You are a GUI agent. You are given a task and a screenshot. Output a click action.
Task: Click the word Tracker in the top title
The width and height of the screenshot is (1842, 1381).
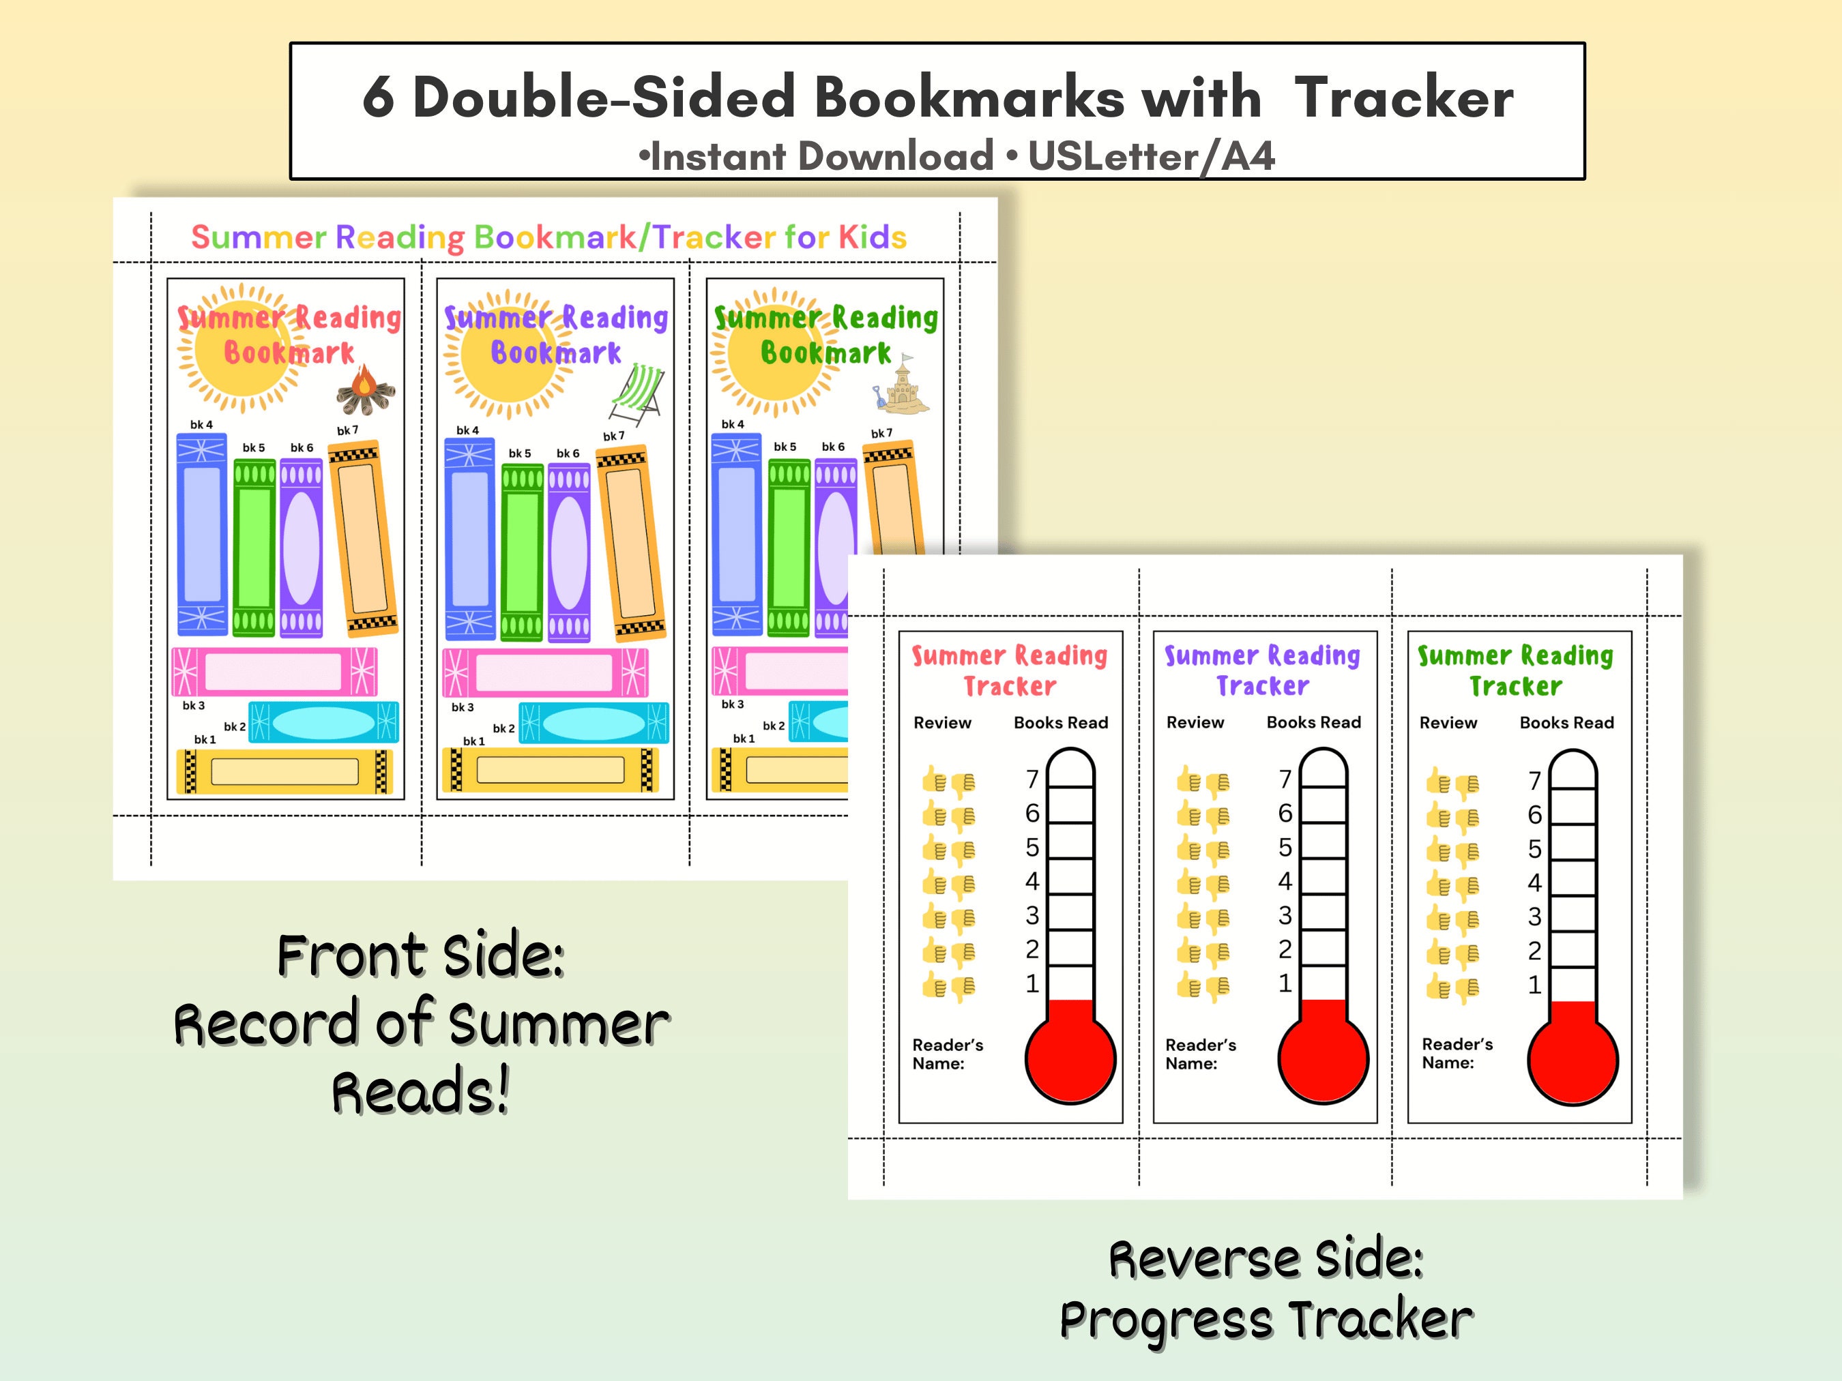[1403, 98]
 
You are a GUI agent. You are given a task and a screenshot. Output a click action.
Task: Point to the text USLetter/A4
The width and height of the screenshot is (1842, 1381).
[1151, 155]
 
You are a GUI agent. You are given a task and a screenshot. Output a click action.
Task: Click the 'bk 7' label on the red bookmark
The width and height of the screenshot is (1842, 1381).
[347, 430]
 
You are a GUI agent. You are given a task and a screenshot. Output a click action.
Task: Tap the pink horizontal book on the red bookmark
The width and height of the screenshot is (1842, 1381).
[274, 671]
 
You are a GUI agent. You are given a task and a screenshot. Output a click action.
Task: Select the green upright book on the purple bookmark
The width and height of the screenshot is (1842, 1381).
[522, 552]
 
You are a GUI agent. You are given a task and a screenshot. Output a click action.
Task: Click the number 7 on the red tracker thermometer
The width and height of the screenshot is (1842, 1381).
[1032, 779]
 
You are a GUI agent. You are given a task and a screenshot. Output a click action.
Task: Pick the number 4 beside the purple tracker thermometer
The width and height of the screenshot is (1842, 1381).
[1285, 880]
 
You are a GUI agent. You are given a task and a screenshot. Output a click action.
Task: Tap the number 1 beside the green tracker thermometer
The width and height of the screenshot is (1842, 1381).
[1534, 985]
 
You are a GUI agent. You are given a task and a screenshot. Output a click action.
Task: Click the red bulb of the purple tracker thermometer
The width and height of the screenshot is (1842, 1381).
[1324, 1059]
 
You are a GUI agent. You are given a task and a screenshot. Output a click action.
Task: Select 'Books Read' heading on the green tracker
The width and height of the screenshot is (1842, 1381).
[1566, 722]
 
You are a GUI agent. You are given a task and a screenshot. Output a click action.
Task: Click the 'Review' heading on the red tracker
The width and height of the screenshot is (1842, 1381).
[942, 722]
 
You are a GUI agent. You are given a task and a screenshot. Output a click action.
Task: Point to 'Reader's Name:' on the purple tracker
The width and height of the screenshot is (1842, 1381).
[1200, 1054]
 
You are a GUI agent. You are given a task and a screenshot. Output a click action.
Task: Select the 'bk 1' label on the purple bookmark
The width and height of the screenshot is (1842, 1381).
[474, 741]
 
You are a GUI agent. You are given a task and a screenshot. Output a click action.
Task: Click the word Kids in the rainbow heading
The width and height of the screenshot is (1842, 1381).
[872, 237]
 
